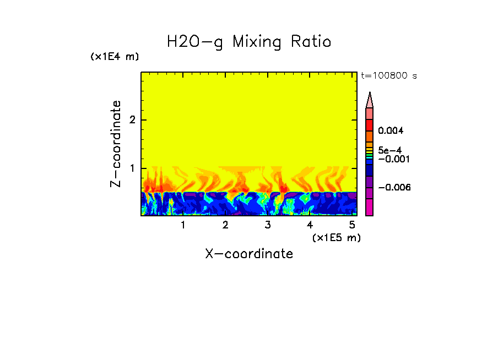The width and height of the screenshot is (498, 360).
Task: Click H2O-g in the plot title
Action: tap(195, 42)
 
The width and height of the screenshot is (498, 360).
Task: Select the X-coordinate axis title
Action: tap(249, 254)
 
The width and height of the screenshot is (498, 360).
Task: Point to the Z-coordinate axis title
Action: tap(116, 144)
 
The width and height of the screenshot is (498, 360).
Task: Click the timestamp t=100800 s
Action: tap(388, 75)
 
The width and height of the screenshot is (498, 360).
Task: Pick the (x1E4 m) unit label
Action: tap(115, 57)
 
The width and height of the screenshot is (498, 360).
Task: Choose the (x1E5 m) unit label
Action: tap(336, 237)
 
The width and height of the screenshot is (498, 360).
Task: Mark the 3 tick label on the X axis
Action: tap(268, 225)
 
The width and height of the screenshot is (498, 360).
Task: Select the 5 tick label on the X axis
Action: tap(352, 225)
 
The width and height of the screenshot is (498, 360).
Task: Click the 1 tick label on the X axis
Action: tap(183, 225)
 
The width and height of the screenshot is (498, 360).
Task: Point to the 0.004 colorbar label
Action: tap(391, 131)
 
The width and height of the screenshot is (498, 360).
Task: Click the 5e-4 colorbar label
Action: tap(389, 150)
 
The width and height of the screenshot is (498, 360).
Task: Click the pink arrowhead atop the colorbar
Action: tap(370, 100)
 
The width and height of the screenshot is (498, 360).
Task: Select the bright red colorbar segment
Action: tap(370, 124)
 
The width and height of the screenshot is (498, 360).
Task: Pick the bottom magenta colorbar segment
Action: tap(370, 207)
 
